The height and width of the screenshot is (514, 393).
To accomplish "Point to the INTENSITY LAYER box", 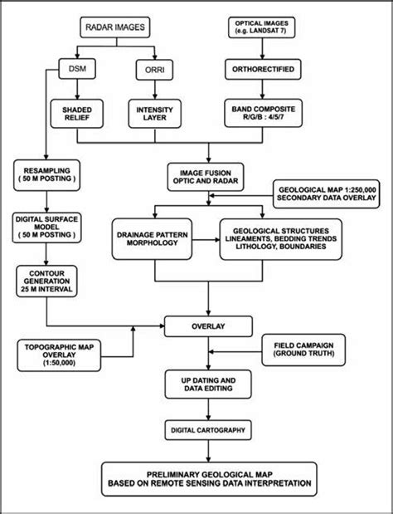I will click(x=153, y=112).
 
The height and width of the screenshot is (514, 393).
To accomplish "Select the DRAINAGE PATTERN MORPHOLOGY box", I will click(x=157, y=240).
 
